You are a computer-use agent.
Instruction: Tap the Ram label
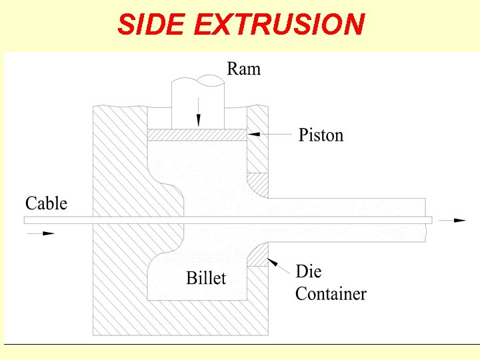pos(243,69)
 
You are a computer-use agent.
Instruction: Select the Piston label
pos(321,135)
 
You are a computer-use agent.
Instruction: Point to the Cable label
pos(46,203)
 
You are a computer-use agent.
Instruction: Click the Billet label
pos(206,278)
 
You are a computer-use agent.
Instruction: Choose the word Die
pos(309,271)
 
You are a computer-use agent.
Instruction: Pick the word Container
pos(331,293)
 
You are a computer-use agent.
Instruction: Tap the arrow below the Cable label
pos(40,233)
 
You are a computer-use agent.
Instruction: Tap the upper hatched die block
pos(257,183)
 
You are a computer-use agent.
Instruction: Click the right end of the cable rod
pos(429,220)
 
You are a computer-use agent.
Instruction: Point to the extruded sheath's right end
pos(425,220)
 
